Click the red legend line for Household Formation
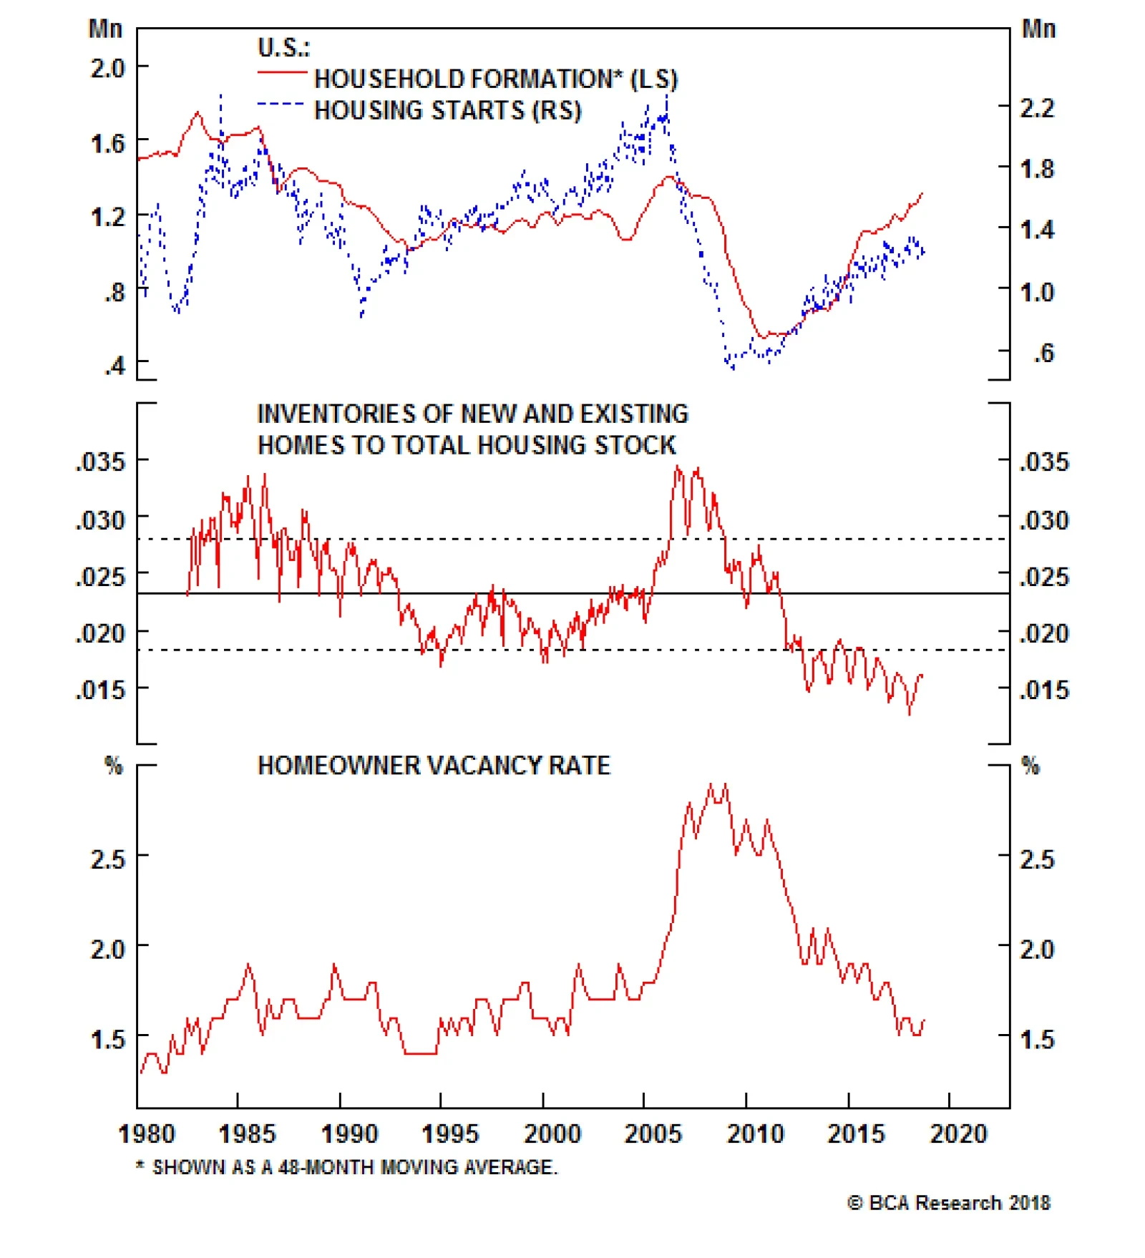pyautogui.click(x=281, y=72)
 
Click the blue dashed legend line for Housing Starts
pyautogui.click(x=280, y=104)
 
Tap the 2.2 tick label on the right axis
pyautogui.click(x=1036, y=108)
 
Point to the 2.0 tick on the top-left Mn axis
pyautogui.click(x=107, y=68)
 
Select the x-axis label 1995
pyautogui.click(x=449, y=1134)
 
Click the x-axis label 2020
pyautogui.click(x=958, y=1134)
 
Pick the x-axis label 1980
pyautogui.click(x=146, y=1134)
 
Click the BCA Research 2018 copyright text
pyautogui.click(x=949, y=1203)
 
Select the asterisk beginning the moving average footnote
pyautogui.click(x=140, y=1166)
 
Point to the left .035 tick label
pyautogui.click(x=101, y=462)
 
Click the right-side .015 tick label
pyautogui.click(x=1044, y=691)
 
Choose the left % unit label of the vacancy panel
pyautogui.click(x=114, y=766)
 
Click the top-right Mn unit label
pyautogui.click(x=1038, y=29)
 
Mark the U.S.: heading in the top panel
pyautogui.click(x=283, y=48)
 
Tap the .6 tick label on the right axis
pyautogui.click(x=1043, y=353)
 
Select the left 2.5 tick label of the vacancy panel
pyautogui.click(x=107, y=859)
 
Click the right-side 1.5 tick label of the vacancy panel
pyautogui.click(x=1036, y=1039)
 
